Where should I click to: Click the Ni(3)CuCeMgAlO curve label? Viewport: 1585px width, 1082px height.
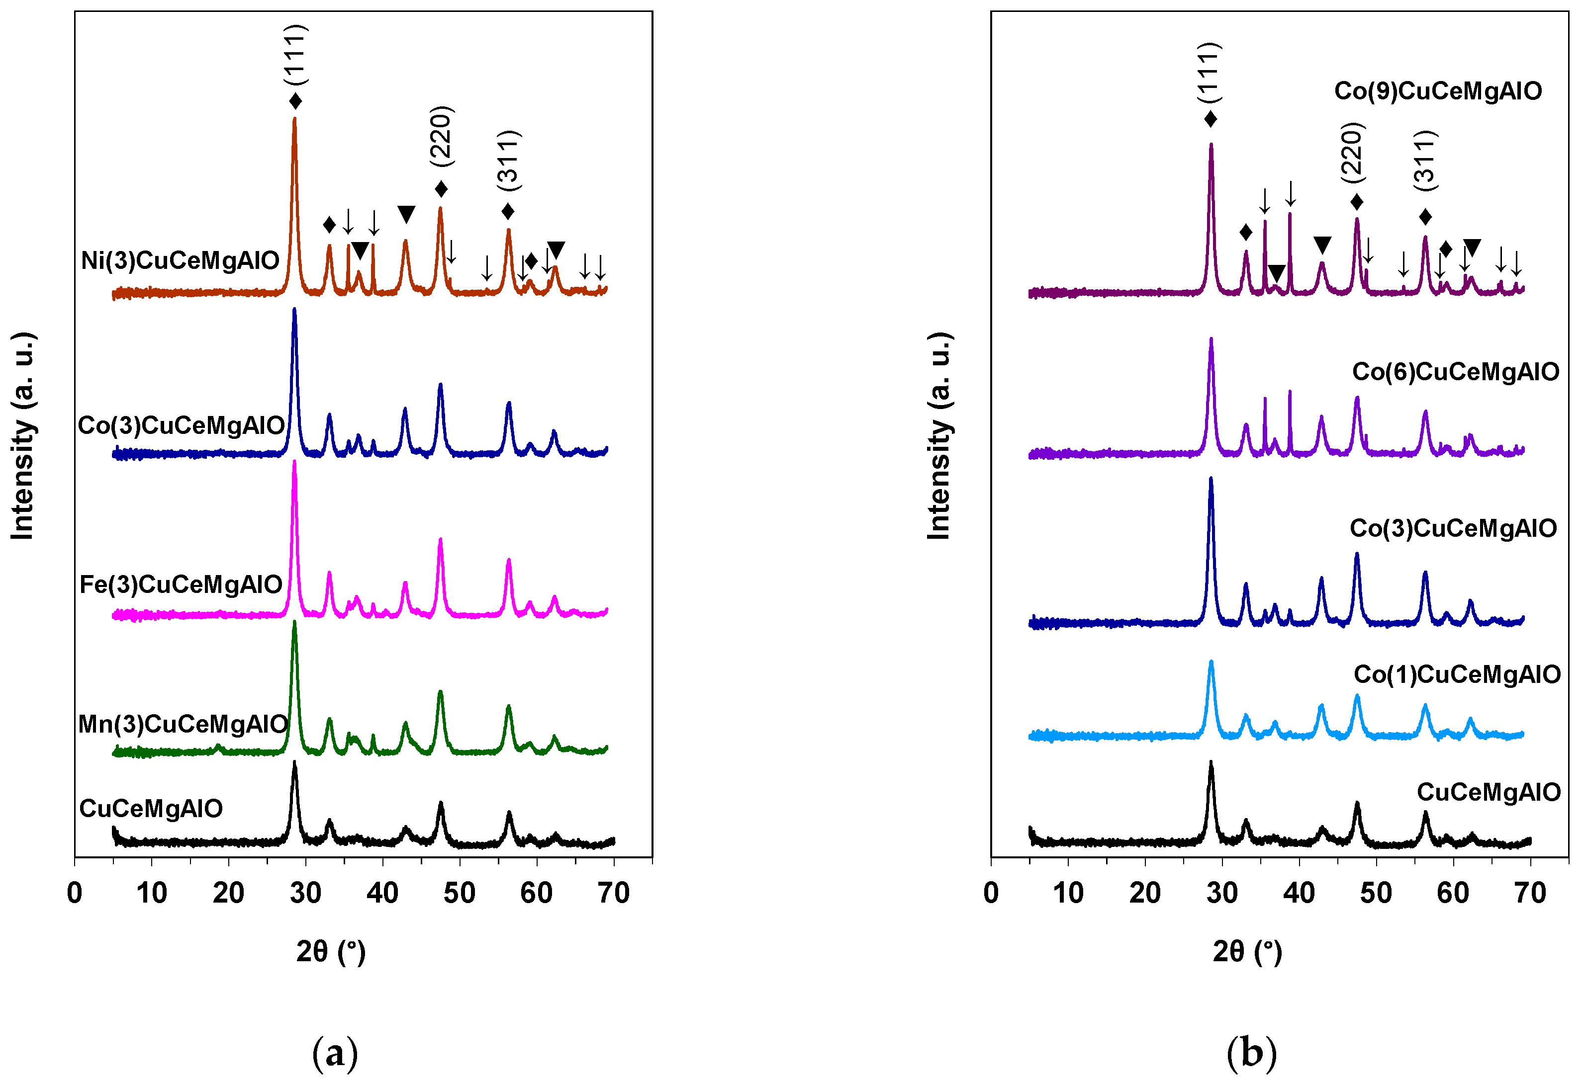click(x=180, y=260)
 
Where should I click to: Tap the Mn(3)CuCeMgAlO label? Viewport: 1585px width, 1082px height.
click(x=183, y=723)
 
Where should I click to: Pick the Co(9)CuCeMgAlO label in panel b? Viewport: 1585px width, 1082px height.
click(x=1438, y=90)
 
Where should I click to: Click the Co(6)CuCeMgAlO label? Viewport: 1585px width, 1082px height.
click(x=1455, y=372)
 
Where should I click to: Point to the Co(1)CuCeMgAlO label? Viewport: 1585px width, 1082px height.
click(x=1457, y=674)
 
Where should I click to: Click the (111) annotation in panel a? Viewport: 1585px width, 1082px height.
click(x=296, y=55)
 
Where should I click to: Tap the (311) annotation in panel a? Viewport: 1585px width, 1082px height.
click(x=508, y=160)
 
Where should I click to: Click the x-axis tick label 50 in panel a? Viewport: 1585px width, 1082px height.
click(x=459, y=893)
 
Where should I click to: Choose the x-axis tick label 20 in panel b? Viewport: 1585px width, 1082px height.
click(x=1145, y=893)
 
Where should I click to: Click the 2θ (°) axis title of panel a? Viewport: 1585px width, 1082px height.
click(x=331, y=951)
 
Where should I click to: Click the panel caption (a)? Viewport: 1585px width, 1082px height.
click(x=334, y=1053)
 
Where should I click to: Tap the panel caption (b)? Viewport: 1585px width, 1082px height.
click(x=1251, y=1053)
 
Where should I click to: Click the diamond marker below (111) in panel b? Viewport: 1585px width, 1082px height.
click(x=1211, y=119)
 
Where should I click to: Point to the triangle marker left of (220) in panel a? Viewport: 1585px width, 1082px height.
click(x=406, y=215)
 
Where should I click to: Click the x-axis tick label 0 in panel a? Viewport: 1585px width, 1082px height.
click(x=75, y=893)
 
